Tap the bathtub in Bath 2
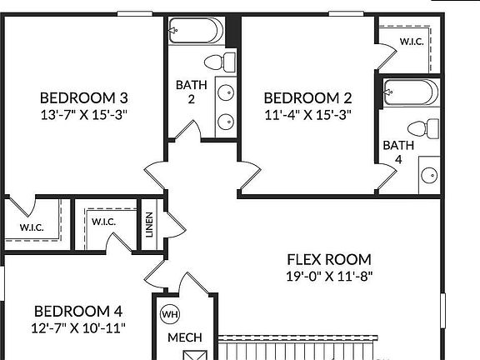click(197, 32)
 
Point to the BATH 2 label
click(185, 92)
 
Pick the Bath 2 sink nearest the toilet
click(226, 93)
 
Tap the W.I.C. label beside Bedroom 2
click(411, 41)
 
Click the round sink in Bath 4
click(428, 176)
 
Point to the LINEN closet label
click(149, 225)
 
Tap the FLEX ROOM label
click(329, 259)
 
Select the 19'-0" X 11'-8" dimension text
click(329, 276)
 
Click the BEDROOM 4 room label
click(77, 311)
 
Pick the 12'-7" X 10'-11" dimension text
click(77, 327)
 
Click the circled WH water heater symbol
click(169, 314)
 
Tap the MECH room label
click(184, 337)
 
